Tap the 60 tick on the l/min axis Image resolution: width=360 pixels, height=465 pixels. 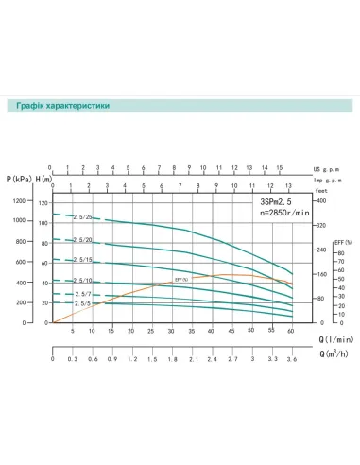pos(292,331)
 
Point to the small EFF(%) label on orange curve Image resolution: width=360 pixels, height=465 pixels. pos(181,280)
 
